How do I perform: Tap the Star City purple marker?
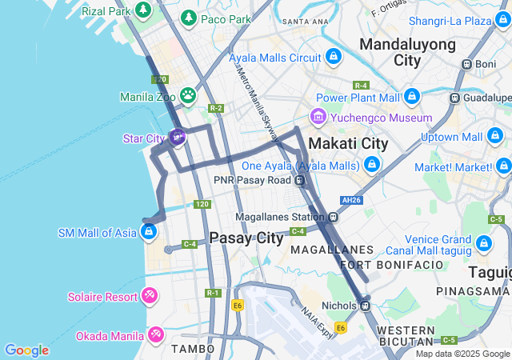pos(178,138)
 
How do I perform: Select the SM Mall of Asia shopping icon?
pos(147,233)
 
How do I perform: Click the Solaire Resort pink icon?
pos(149,297)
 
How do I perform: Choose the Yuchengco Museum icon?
pos(318,118)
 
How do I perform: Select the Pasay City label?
pos(246,238)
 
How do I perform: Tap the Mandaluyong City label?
pos(407,51)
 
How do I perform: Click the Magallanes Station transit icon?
pos(333,217)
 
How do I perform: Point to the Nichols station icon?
pos(364,305)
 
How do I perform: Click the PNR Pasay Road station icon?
pos(300,180)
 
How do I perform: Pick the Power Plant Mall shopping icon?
pos(412,97)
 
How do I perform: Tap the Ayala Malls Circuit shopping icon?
pos(333,58)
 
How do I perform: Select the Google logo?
pos(26,350)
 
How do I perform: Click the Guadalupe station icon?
pos(454,98)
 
